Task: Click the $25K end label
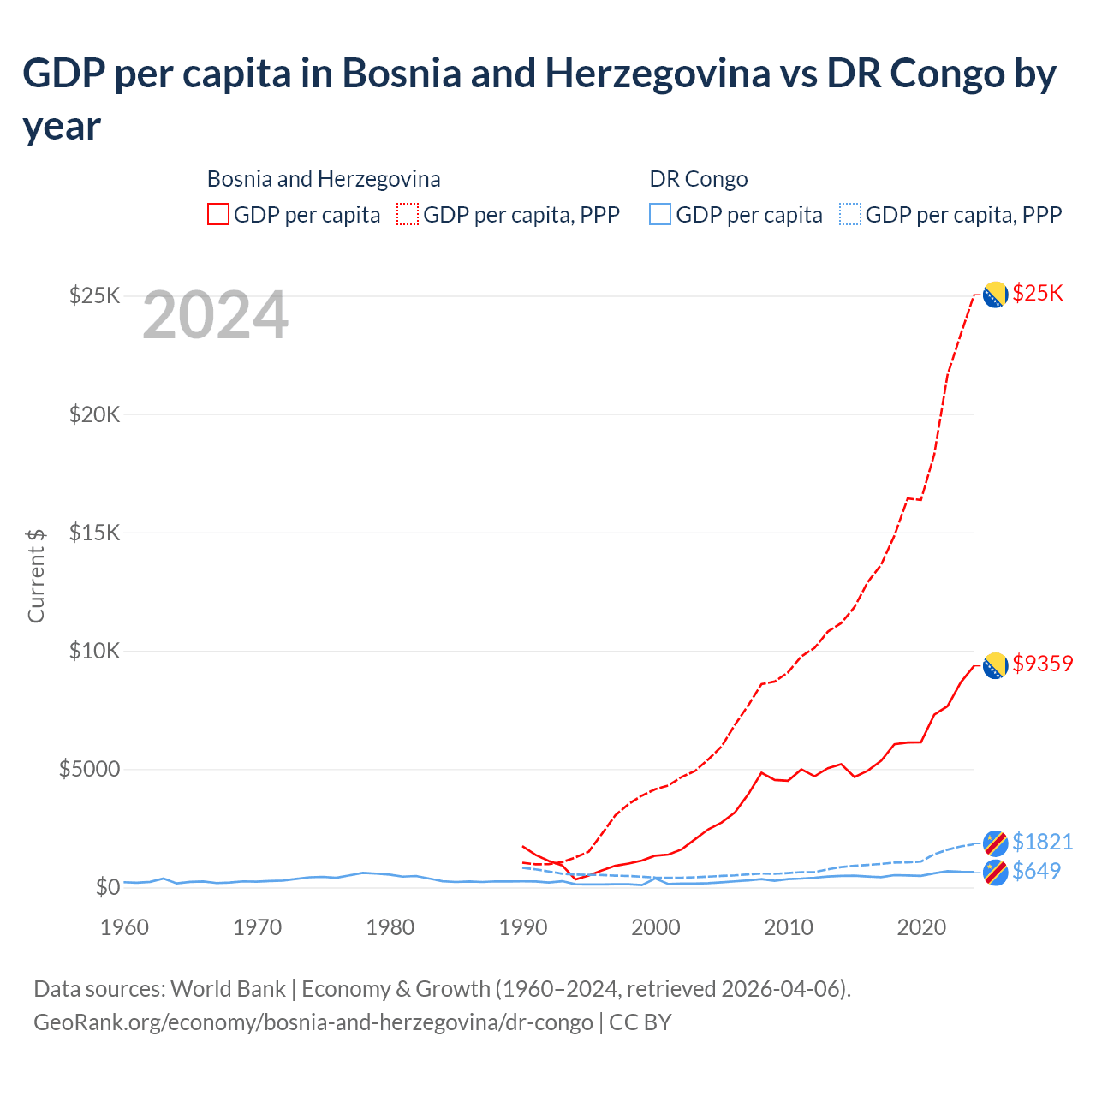[x=1037, y=294]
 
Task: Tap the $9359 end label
[x=1042, y=664]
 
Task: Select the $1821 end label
[x=1042, y=842]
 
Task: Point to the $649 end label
[x=1036, y=871]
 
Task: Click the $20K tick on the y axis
[x=95, y=414]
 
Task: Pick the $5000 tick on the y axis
[x=89, y=769]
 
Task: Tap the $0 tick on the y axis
[x=107, y=887]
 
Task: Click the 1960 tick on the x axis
[x=125, y=927]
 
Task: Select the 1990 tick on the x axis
[x=523, y=927]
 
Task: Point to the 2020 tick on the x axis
[x=921, y=927]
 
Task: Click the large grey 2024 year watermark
[x=215, y=316]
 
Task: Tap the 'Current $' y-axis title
[x=36, y=575]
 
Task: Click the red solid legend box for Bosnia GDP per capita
[x=218, y=214]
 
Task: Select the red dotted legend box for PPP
[x=408, y=214]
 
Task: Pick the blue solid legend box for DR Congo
[x=660, y=214]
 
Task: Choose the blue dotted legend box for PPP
[x=850, y=214]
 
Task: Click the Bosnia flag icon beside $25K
[x=994, y=295]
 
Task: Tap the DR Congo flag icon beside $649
[x=995, y=873]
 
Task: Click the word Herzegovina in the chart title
[x=658, y=74]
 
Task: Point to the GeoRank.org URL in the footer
[x=313, y=1022]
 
